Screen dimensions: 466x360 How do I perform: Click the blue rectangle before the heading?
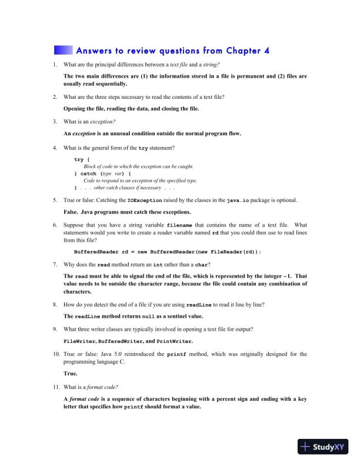pos(63,50)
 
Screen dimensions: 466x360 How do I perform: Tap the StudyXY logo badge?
pos(324,447)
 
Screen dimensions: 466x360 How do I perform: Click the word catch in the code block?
pos(88,174)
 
